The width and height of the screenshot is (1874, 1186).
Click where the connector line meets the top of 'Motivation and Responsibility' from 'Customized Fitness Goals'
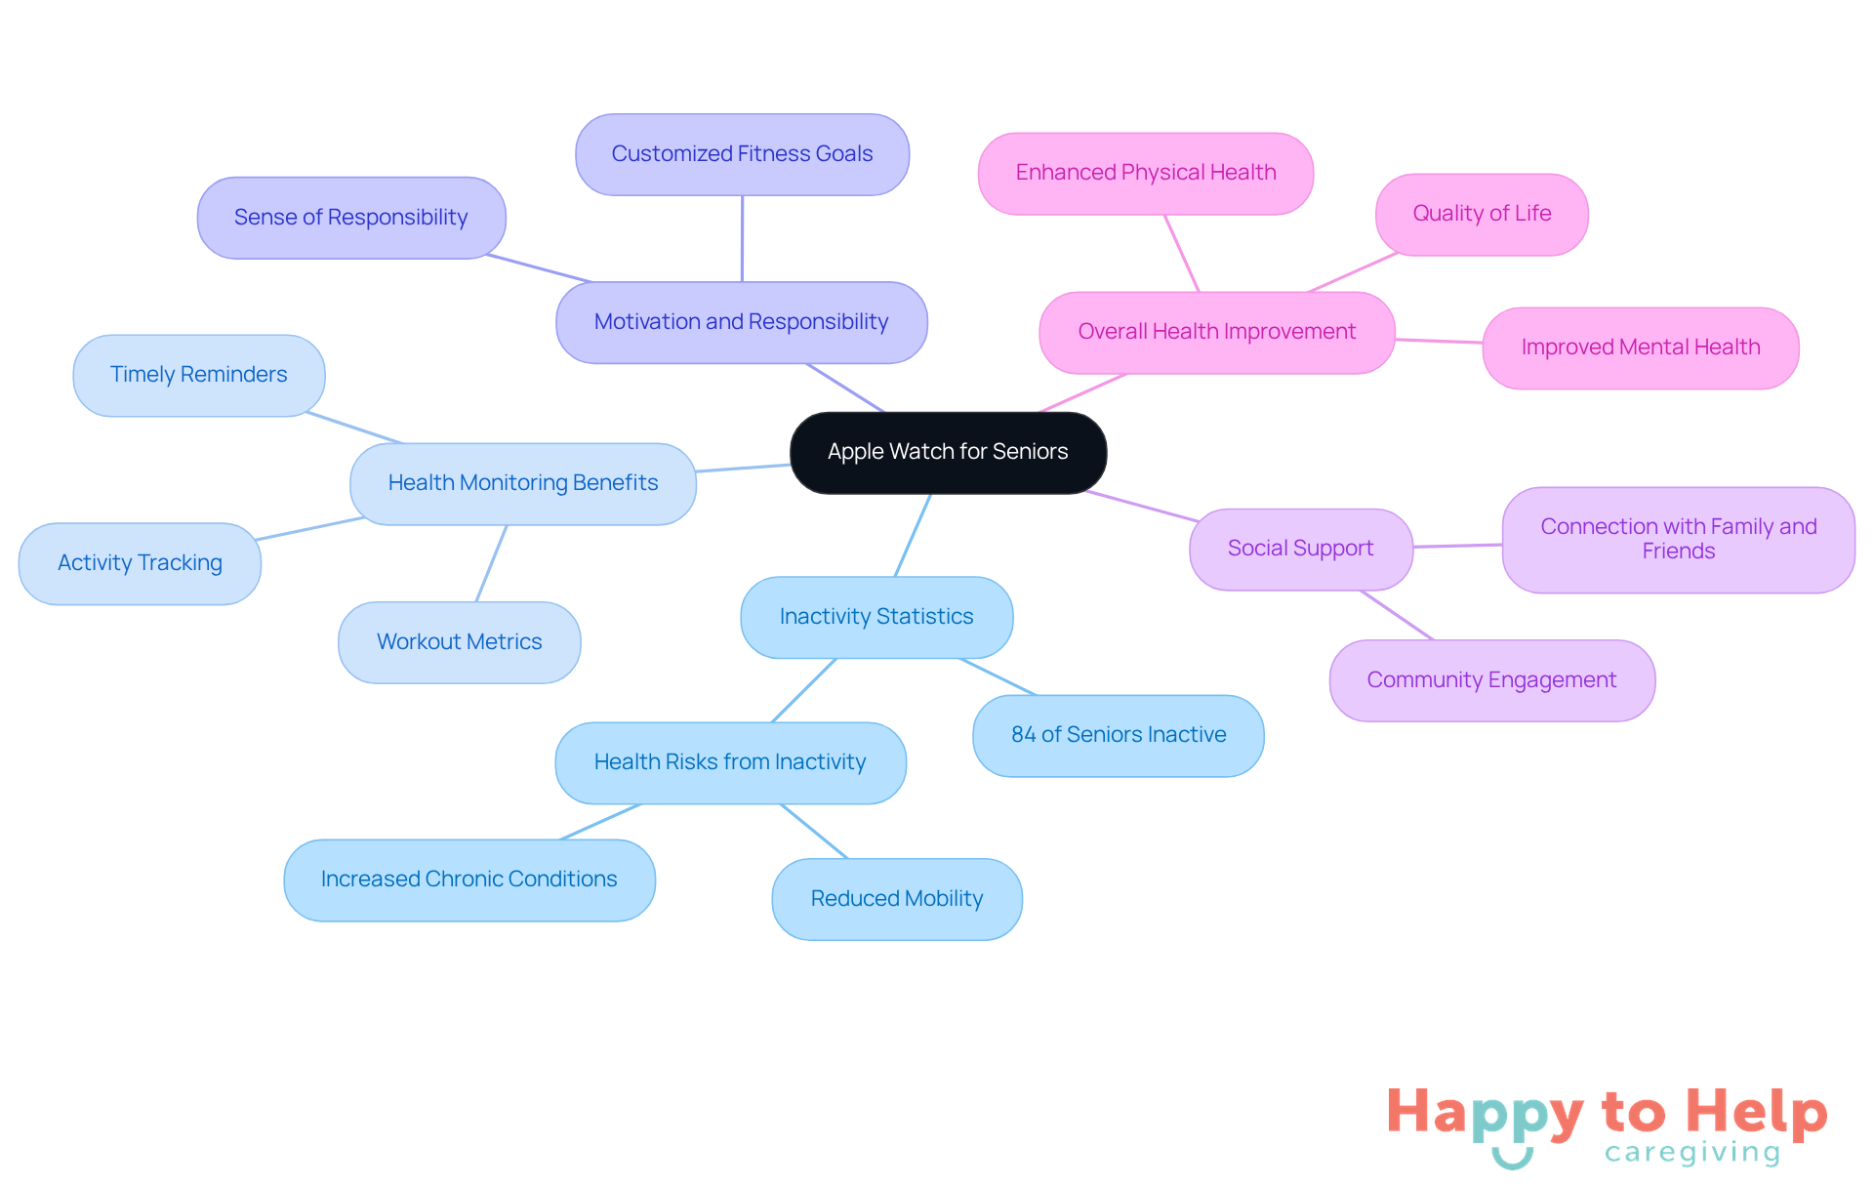(742, 283)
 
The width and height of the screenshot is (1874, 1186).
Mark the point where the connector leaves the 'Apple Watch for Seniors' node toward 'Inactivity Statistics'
(930, 494)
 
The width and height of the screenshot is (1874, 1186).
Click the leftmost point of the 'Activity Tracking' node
(20, 563)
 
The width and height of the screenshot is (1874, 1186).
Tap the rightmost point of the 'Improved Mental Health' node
(1799, 348)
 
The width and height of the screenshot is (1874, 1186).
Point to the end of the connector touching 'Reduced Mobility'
(847, 859)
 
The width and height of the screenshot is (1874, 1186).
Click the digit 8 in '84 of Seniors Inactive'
(1017, 735)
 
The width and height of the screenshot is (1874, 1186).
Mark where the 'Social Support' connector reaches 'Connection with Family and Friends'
(1503, 545)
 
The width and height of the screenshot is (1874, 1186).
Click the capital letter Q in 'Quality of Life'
(1421, 213)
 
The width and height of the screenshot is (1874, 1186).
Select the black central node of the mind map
(948, 452)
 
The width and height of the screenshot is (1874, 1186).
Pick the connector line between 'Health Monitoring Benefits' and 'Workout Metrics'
(491, 563)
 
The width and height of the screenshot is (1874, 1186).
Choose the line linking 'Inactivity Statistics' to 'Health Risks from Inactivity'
(803, 690)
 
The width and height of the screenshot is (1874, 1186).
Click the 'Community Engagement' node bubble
(1491, 680)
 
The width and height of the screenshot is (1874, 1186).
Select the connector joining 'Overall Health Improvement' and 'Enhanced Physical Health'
(1181, 253)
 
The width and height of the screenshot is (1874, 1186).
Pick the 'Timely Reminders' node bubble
(199, 375)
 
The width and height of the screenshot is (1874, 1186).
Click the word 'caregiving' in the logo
(1692, 1153)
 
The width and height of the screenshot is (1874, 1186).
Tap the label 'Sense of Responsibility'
(350, 218)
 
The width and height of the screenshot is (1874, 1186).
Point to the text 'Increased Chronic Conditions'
(468, 879)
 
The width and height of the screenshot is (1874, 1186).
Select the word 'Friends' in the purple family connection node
(1678, 552)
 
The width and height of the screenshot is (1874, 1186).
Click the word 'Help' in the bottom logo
(1756, 1112)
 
